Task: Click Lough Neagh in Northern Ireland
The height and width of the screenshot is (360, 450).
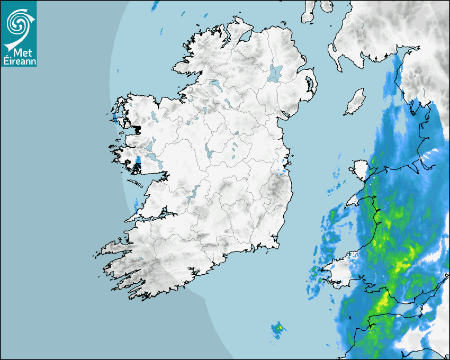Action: coord(275,73)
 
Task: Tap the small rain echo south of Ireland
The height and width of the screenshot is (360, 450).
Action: coord(277,329)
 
